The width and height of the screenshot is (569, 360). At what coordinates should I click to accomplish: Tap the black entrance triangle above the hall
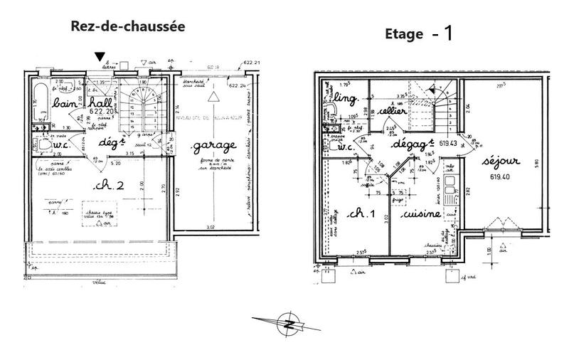coord(101,57)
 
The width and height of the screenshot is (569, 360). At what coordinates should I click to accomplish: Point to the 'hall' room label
coord(100,105)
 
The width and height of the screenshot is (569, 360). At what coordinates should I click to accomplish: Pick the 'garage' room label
coord(213,147)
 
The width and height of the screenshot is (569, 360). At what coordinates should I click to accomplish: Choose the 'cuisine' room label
coord(421,214)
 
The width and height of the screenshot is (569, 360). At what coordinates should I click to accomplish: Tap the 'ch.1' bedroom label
coord(353,214)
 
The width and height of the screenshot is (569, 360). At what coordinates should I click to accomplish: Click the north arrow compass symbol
coord(289,322)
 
